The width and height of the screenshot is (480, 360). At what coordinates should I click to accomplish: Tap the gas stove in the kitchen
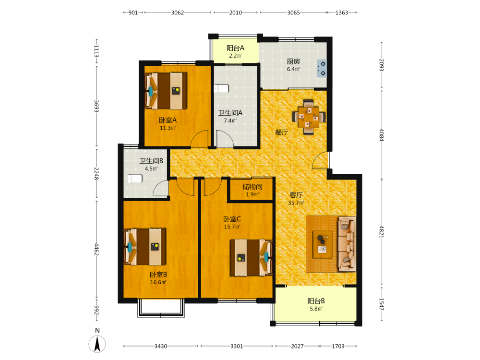322,68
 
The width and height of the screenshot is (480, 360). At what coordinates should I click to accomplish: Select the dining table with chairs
309,117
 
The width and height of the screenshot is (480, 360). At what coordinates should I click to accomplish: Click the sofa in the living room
347,244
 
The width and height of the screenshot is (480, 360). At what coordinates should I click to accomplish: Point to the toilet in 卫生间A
221,88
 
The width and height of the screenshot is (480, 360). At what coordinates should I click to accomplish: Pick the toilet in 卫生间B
135,179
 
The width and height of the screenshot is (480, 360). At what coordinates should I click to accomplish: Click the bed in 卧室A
166,91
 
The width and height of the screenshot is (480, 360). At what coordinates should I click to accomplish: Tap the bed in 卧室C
251,258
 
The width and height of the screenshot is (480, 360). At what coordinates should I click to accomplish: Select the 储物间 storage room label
252,187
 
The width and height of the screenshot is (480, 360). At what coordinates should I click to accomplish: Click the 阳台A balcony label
235,48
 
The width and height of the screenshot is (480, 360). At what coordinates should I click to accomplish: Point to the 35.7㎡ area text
296,203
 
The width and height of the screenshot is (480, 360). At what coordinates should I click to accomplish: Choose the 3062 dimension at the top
178,12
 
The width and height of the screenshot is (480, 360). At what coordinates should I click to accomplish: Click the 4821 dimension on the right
382,232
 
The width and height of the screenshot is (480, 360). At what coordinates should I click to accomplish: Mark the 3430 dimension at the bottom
161,346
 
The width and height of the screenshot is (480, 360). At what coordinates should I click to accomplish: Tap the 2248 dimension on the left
96,174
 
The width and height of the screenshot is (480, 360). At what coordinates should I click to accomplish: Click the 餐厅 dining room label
282,132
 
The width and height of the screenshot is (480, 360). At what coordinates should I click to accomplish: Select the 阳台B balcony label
316,301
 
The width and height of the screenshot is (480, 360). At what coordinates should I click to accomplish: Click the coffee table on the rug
323,244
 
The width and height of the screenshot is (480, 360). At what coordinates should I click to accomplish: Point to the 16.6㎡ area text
158,282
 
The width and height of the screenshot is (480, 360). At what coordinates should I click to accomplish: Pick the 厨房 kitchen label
293,61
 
